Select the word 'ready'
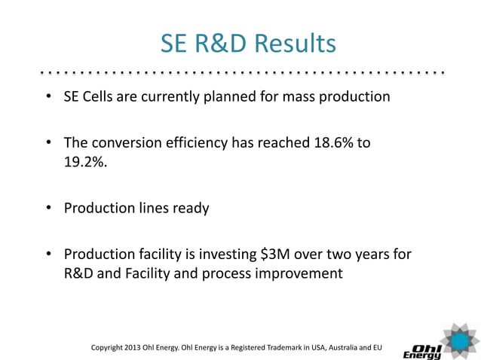coord(190,208)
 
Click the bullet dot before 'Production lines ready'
coord(47,208)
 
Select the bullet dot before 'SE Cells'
coord(47,97)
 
